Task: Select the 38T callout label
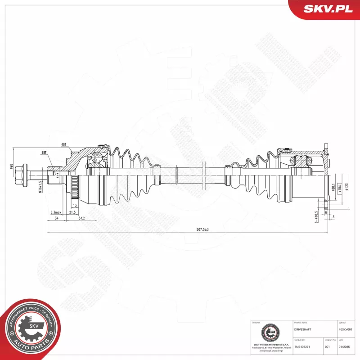[x=44, y=153]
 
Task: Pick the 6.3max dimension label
[x=55, y=212]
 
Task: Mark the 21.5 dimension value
[x=72, y=212]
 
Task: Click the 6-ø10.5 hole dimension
[x=316, y=216]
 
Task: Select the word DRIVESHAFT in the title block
[x=302, y=329]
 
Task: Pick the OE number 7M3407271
[x=303, y=347]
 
